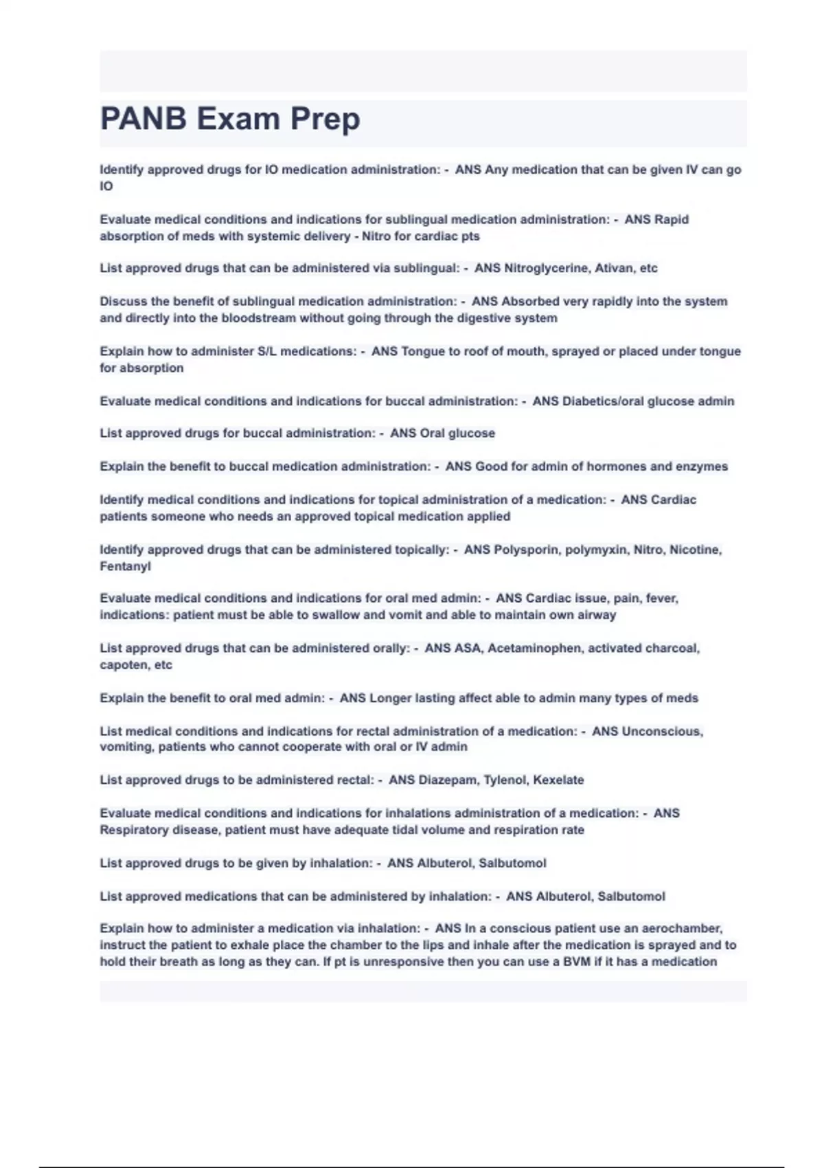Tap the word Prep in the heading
coord(325,119)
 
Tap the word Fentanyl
coord(125,566)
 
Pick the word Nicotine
coord(695,550)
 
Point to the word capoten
coord(124,665)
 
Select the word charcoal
coord(672,648)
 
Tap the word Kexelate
coord(558,780)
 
